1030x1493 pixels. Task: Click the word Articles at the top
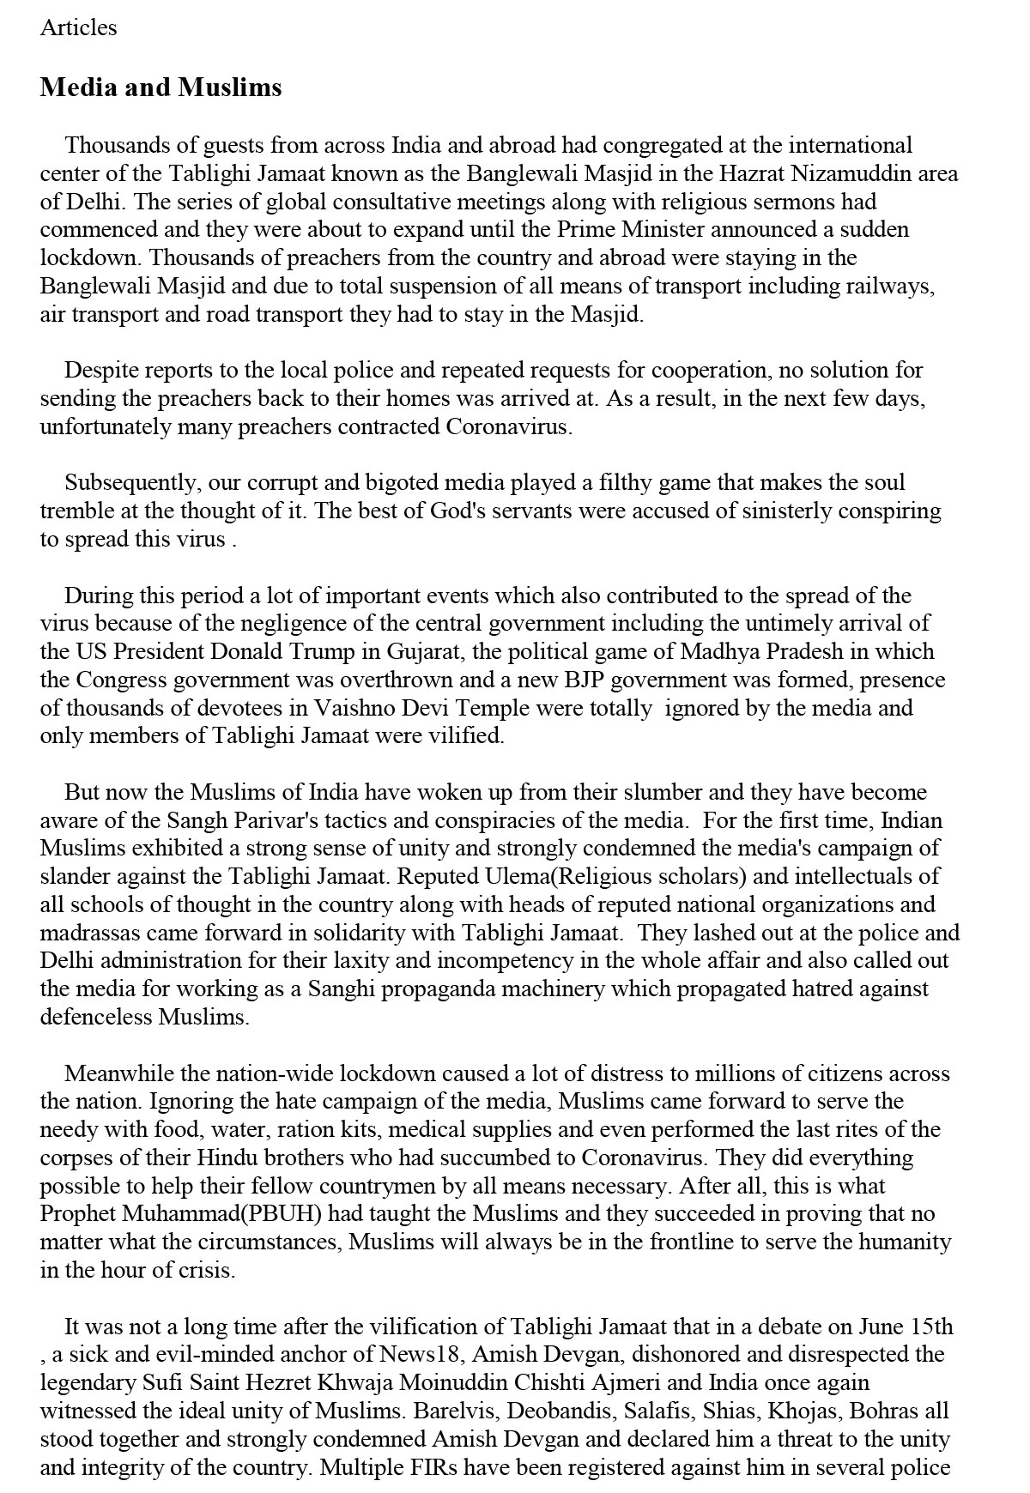78,27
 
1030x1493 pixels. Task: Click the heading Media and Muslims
161,88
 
